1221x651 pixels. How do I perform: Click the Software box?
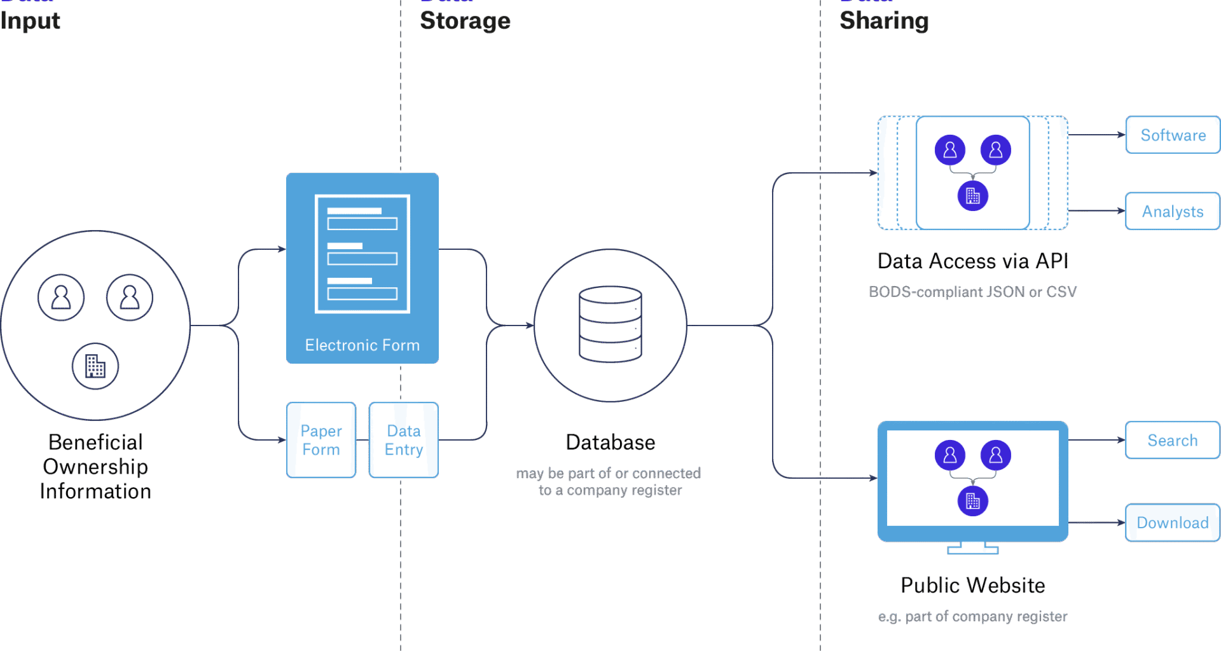click(1172, 135)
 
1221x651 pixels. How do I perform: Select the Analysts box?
click(1172, 211)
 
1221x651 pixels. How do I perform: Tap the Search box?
click(1172, 440)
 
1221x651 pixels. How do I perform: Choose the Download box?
click(1172, 523)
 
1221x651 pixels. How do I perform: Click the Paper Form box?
click(321, 440)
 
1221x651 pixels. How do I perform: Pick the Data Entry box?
click(404, 440)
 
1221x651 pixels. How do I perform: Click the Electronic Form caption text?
click(362, 345)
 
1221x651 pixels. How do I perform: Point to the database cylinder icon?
click(610, 324)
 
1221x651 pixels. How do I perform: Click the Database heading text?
click(610, 442)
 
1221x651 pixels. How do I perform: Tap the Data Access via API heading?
click(972, 261)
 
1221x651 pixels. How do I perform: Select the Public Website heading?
click(972, 586)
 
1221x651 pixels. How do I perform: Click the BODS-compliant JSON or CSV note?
click(972, 292)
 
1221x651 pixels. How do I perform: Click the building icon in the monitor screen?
click(972, 501)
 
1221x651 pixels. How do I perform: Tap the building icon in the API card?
click(972, 196)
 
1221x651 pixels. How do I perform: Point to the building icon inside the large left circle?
click(95, 366)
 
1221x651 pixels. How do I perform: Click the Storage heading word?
click(465, 21)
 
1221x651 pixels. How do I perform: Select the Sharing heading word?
click(884, 21)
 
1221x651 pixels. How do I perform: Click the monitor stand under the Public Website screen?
click(972, 548)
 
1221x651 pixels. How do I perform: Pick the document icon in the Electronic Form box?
click(362, 254)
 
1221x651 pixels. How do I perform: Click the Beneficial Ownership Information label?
click(95, 467)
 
